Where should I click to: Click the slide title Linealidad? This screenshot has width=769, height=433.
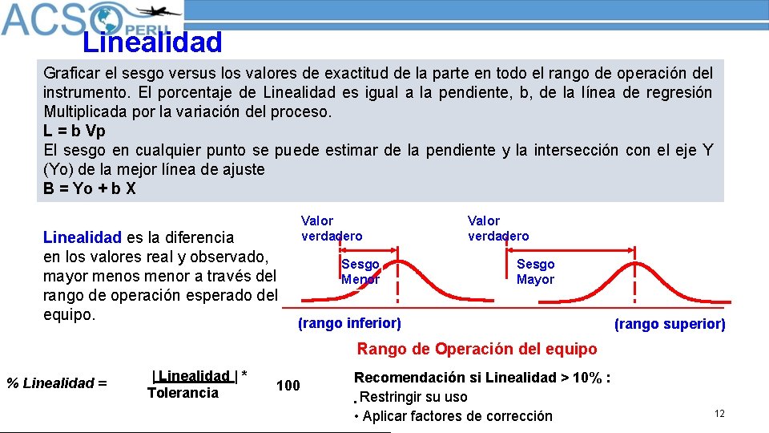pyautogui.click(x=152, y=41)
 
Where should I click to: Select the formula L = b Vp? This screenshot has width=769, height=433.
pyautogui.click(x=74, y=131)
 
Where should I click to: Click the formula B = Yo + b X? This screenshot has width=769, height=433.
pyautogui.click(x=90, y=189)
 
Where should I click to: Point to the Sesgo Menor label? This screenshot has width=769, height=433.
pyautogui.click(x=360, y=272)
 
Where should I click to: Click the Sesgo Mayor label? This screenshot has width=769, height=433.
pyautogui.click(x=535, y=272)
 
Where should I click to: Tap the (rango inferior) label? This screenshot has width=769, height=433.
pyautogui.click(x=349, y=323)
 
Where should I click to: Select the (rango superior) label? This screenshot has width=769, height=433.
pyautogui.click(x=670, y=324)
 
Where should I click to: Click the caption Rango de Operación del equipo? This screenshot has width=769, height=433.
pyautogui.click(x=477, y=349)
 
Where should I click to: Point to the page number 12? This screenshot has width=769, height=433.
pyautogui.click(x=719, y=413)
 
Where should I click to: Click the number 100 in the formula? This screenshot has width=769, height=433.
pyautogui.click(x=288, y=386)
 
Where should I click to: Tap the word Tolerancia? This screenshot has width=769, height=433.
pyautogui.click(x=183, y=392)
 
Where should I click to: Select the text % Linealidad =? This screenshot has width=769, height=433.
pyautogui.click(x=57, y=383)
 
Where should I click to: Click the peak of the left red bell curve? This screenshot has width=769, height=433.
pyautogui.click(x=398, y=261)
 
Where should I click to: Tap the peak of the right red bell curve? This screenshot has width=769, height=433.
pyautogui.click(x=635, y=261)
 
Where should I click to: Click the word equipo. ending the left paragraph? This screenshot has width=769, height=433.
pyautogui.click(x=69, y=314)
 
